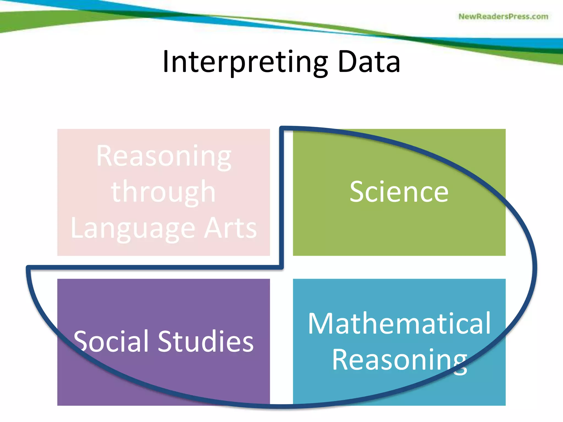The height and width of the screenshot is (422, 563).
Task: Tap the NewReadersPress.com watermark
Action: tap(503, 16)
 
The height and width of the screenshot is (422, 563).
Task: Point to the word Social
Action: tap(111, 341)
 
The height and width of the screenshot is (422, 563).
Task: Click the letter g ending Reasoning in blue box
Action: tap(460, 363)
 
